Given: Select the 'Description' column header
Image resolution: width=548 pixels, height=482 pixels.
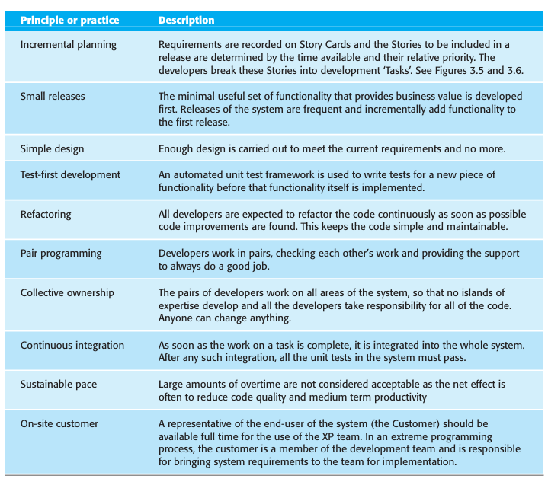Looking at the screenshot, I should [x=186, y=20].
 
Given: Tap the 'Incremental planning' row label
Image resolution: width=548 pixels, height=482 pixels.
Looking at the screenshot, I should [x=69, y=44].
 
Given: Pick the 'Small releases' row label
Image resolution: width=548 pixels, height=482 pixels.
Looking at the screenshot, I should [x=53, y=97].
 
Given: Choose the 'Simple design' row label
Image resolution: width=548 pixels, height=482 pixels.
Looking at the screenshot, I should [x=53, y=149].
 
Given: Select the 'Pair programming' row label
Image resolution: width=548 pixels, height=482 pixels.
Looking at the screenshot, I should [x=61, y=254].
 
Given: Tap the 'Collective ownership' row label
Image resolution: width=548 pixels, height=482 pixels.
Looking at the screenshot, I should [x=67, y=293].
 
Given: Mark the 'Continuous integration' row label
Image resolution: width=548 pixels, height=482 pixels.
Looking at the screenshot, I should [x=72, y=345].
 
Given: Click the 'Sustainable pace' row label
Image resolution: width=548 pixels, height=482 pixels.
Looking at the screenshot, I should [x=59, y=385].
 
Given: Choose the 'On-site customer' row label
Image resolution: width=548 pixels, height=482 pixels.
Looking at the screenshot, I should [x=59, y=423].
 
